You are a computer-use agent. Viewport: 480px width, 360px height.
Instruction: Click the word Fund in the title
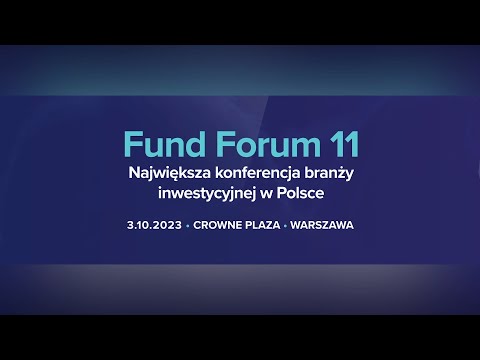point(159,145)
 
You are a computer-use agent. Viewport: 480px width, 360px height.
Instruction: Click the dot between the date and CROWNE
point(188,225)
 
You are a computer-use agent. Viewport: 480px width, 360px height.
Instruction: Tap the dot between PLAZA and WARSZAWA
point(286,225)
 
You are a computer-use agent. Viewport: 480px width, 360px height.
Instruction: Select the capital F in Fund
point(131,145)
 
